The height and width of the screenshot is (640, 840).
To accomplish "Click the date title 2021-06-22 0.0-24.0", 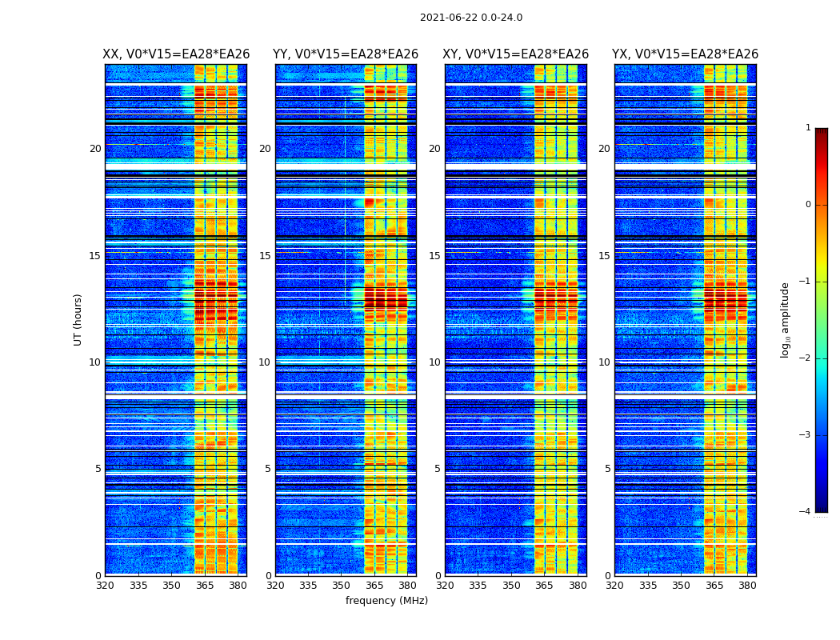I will coord(471,18).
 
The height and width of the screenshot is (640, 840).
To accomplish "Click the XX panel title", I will coord(176,54).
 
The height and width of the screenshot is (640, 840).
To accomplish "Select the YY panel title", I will coord(346,54).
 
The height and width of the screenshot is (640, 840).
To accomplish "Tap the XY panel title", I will coord(516,54).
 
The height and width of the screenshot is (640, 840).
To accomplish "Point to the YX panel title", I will coord(685,54).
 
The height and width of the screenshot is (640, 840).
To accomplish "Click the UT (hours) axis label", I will coord(78,319).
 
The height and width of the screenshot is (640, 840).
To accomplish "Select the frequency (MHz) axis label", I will coord(386,601).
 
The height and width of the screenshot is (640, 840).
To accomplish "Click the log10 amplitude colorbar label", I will coord(786,319).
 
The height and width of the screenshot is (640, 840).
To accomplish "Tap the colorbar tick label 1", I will coord(808,128).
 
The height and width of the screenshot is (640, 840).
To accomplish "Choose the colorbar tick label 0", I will coord(808,205).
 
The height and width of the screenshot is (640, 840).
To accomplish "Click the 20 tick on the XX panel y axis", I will coord(95,149).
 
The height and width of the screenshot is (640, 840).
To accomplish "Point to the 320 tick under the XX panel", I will coord(105,586).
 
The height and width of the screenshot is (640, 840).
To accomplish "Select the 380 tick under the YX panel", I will coord(747,586).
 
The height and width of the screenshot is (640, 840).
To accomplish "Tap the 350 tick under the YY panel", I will coord(342,586).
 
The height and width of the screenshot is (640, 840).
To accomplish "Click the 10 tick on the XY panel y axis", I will coord(434,362).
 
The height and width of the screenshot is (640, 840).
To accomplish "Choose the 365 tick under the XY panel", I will coord(544,586).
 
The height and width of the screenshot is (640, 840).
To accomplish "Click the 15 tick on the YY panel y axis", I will coord(265,256).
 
